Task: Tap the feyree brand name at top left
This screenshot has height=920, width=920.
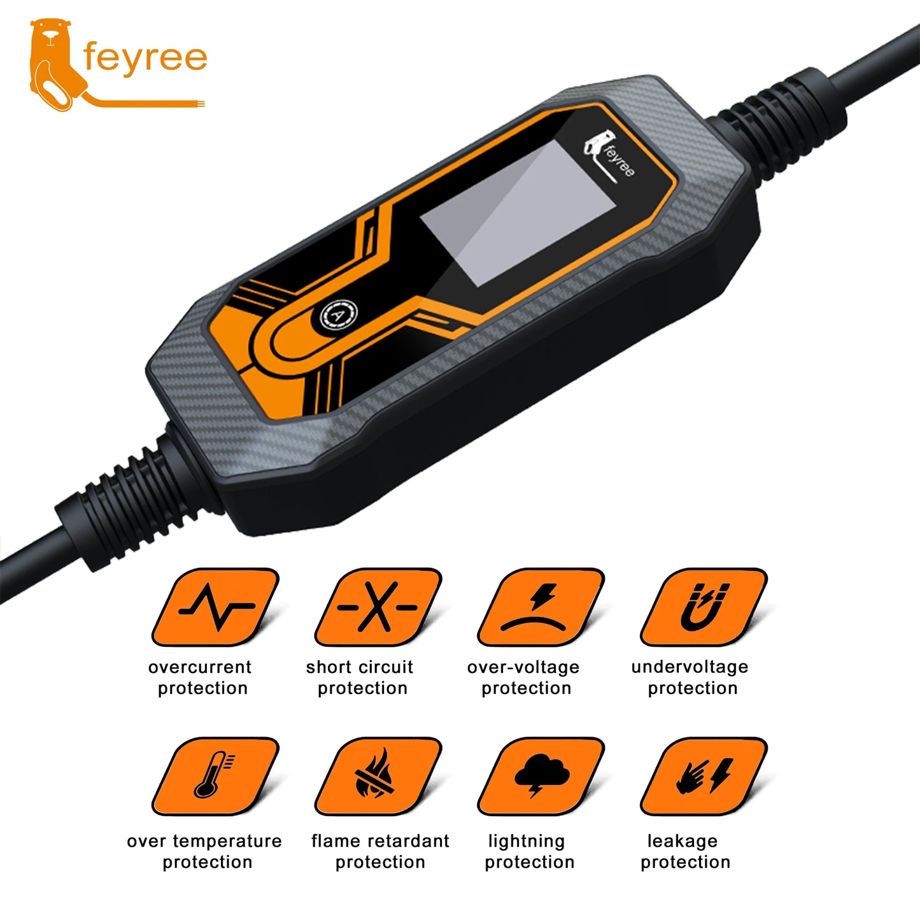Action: click(x=145, y=58)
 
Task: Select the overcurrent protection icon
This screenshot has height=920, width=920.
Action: click(x=216, y=607)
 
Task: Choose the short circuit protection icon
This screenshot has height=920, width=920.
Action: click(x=378, y=607)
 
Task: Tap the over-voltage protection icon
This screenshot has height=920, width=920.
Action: click(x=540, y=607)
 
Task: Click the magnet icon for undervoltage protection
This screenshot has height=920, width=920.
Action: click(x=704, y=607)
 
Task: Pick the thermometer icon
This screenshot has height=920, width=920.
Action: click(x=216, y=776)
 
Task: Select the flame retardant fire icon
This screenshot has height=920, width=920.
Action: click(x=378, y=776)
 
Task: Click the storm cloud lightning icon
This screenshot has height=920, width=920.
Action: click(x=540, y=776)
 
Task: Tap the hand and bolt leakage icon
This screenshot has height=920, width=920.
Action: click(x=704, y=776)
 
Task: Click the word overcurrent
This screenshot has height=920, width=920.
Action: click(x=200, y=667)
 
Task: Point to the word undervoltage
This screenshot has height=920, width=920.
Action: click(x=690, y=667)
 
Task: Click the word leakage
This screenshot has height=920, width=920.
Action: click(x=683, y=841)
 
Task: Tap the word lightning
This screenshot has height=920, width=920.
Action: click(x=527, y=842)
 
